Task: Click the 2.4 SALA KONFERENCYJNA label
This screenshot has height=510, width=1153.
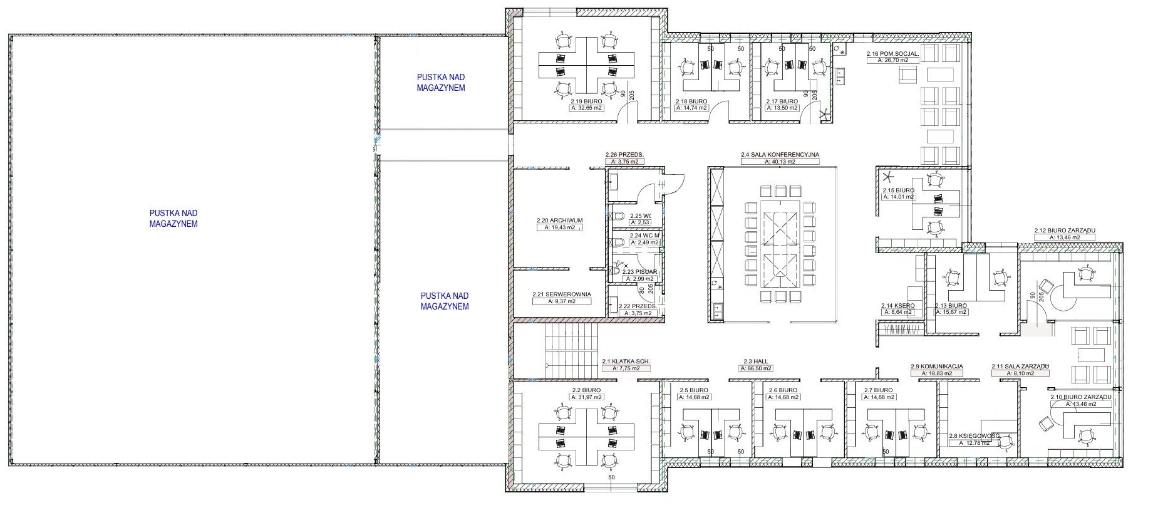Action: coord(780,154)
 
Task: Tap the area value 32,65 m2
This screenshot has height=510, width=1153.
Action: coord(586,108)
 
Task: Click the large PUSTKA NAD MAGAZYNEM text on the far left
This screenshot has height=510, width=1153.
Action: coord(173,219)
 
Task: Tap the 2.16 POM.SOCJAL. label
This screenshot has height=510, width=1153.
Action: coord(892,54)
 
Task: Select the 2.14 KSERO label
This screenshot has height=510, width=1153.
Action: coord(897,306)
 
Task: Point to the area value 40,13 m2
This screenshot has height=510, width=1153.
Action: coord(780,162)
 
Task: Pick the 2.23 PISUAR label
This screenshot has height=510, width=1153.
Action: coord(643,272)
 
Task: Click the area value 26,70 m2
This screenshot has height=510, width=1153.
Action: coord(892,61)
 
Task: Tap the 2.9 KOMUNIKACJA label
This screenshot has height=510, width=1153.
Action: coord(936,367)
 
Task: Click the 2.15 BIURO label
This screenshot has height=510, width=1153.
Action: coord(898,190)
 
